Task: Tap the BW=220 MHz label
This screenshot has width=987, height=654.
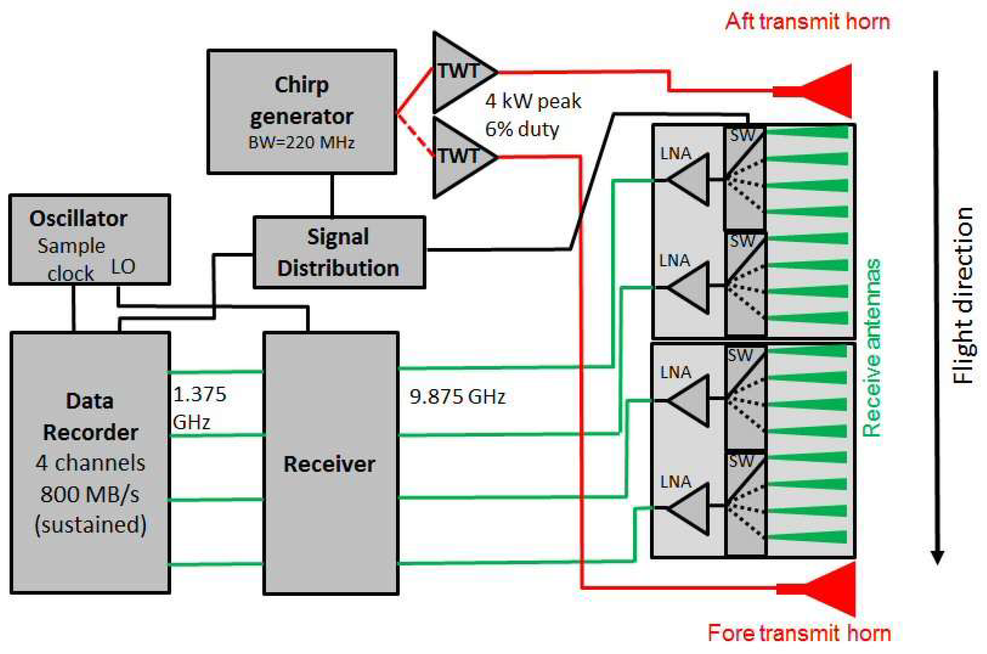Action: tap(301, 143)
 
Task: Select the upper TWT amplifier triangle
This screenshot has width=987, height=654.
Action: tap(459, 72)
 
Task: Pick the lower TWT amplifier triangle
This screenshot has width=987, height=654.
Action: tap(459, 157)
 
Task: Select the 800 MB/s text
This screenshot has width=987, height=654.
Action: tap(90, 495)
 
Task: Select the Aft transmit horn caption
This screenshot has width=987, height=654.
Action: tap(807, 22)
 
